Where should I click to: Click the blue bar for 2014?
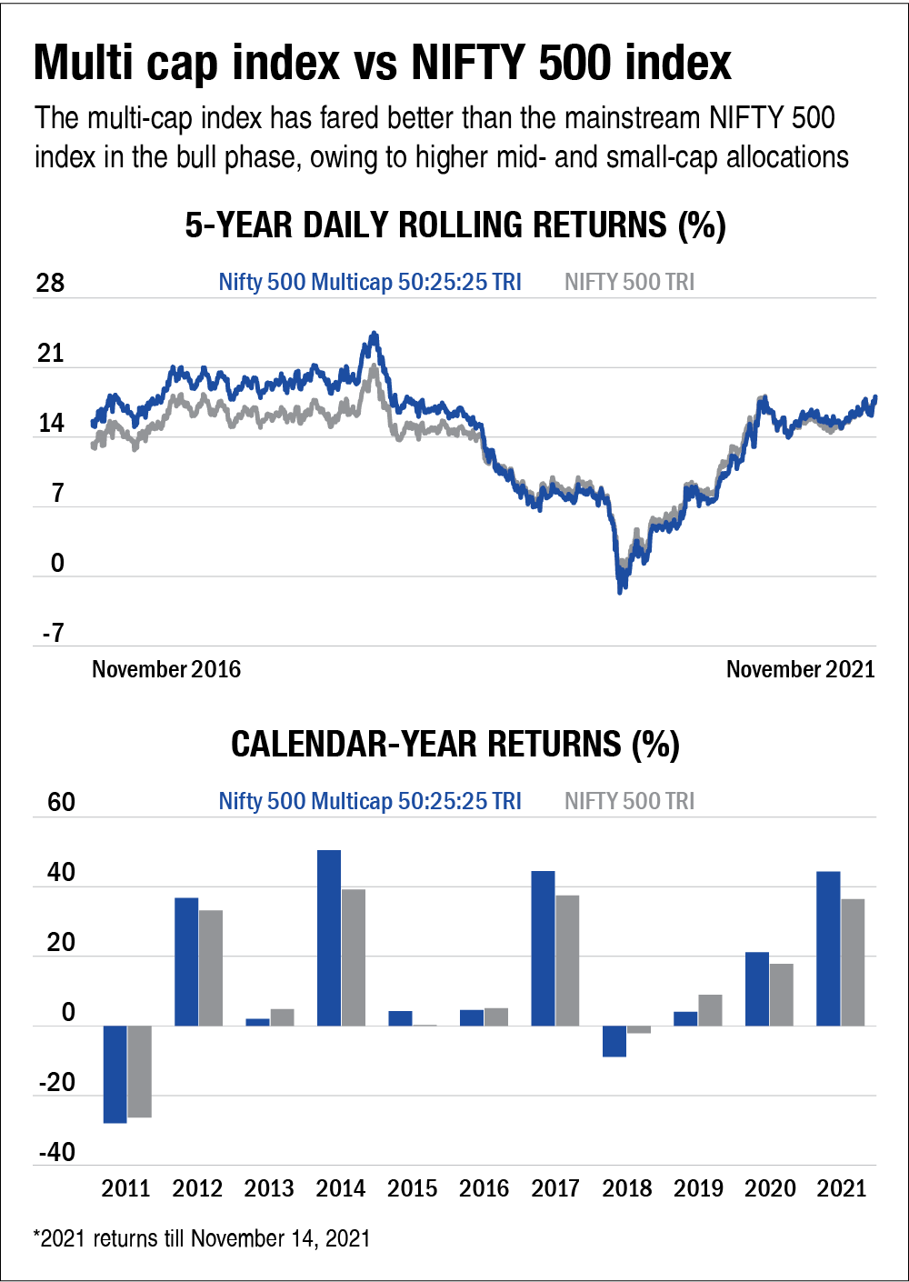click(x=329, y=937)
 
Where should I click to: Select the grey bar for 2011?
click(x=139, y=1071)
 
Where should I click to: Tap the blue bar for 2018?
click(x=614, y=1041)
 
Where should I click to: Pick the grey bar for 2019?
click(x=710, y=1010)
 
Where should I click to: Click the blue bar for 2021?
click(x=828, y=948)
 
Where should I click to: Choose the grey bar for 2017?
click(x=567, y=960)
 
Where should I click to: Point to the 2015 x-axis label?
click(x=412, y=1188)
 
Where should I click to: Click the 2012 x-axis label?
click(x=197, y=1188)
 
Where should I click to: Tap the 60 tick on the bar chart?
click(x=61, y=802)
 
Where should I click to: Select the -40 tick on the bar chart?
click(x=56, y=1152)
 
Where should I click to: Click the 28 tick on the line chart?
click(x=50, y=283)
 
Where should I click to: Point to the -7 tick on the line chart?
click(x=53, y=633)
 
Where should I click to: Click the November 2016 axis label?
click(x=166, y=669)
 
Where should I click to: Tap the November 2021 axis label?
click(x=800, y=669)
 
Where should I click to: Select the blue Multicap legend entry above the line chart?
click(x=370, y=282)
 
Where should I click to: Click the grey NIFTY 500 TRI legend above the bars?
click(x=629, y=801)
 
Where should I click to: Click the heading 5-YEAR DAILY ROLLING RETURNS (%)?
click(x=454, y=225)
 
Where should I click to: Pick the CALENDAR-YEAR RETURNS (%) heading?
click(x=454, y=744)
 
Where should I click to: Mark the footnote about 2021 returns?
click(x=202, y=1238)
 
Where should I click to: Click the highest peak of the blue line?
click(x=373, y=335)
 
